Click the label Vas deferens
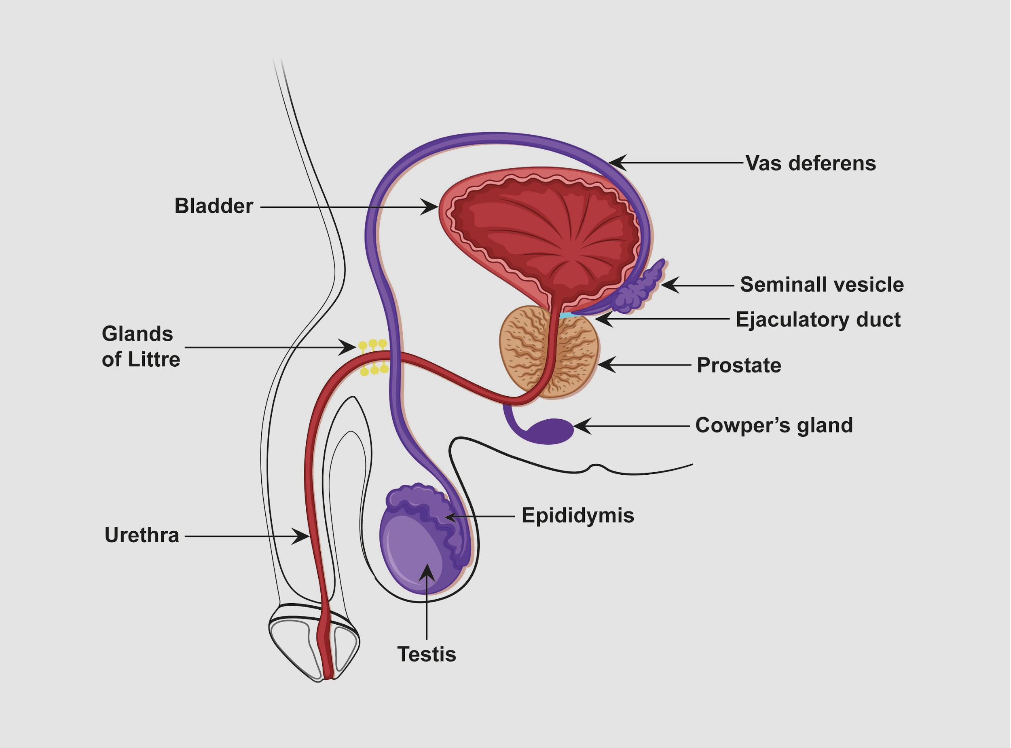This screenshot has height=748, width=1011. pyautogui.click(x=810, y=163)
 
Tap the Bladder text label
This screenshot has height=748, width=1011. pyautogui.click(x=213, y=206)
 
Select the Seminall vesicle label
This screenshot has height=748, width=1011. pyautogui.click(x=822, y=285)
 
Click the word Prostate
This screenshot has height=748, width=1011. pyautogui.click(x=739, y=366)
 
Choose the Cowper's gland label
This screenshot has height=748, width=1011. pyautogui.click(x=774, y=426)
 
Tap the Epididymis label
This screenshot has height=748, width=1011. pyautogui.click(x=578, y=515)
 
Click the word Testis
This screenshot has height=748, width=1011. pyautogui.click(x=427, y=654)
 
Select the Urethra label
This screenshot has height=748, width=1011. pyautogui.click(x=142, y=535)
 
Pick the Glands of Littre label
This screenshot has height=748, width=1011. pyautogui.click(x=140, y=347)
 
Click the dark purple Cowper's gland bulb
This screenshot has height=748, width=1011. pyautogui.click(x=550, y=431)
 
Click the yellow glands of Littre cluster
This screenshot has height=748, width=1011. pyautogui.click(x=374, y=358)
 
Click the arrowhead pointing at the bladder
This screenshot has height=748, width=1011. pyautogui.click(x=430, y=207)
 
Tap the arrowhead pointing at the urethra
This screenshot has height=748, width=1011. pyautogui.click(x=302, y=537)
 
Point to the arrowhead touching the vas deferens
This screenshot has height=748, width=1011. pyautogui.click(x=617, y=163)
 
